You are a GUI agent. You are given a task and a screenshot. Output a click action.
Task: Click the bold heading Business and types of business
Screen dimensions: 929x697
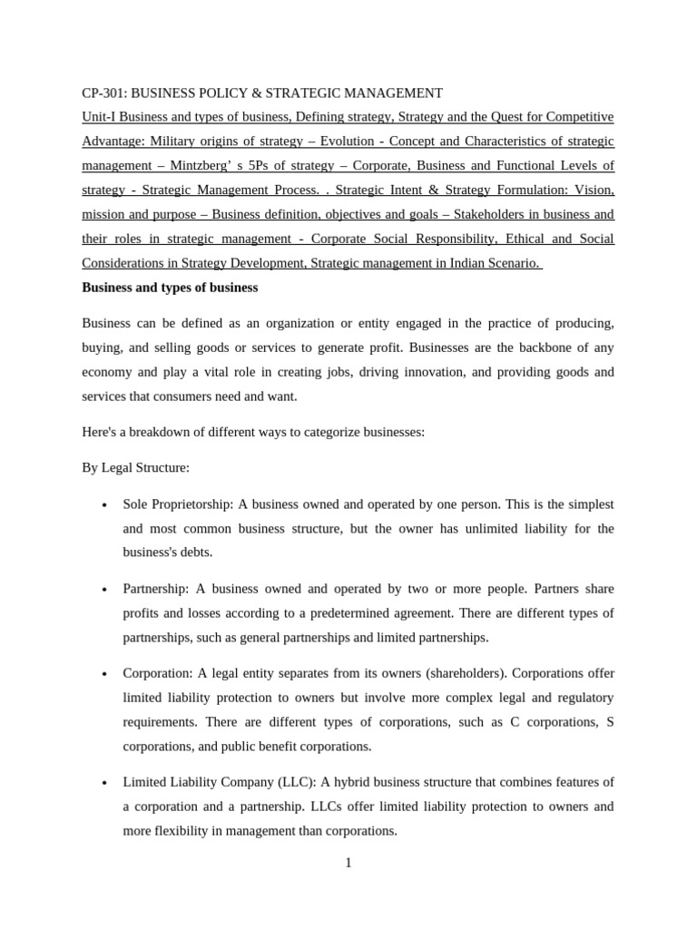pyautogui.click(x=170, y=288)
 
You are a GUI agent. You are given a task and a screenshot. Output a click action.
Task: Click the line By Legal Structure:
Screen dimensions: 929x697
pyautogui.click(x=135, y=467)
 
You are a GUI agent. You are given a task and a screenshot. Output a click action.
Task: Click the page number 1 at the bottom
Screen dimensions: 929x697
pyautogui.click(x=348, y=863)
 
